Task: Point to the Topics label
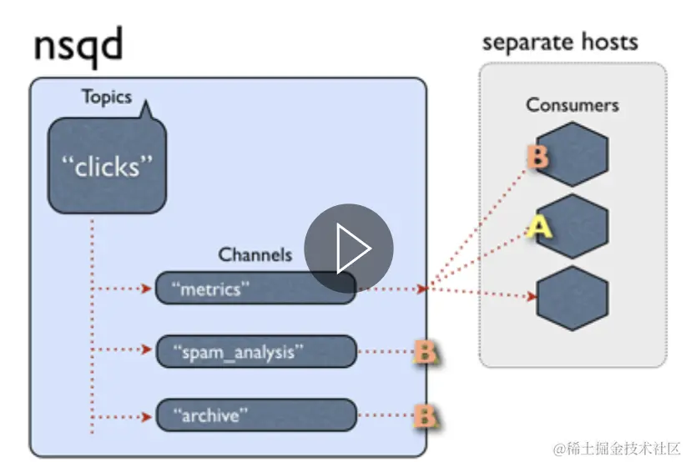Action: [x=107, y=97]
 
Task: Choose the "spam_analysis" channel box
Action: [x=255, y=351]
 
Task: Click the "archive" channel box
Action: [x=255, y=414]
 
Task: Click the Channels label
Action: [x=255, y=254]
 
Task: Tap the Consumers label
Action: [x=572, y=105]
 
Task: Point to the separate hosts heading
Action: [x=560, y=42]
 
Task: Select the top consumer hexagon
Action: [x=573, y=153]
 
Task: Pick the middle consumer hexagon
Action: [x=573, y=226]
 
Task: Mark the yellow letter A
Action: [x=539, y=226]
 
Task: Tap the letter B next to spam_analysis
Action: [x=426, y=352]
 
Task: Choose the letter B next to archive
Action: [x=426, y=414]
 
